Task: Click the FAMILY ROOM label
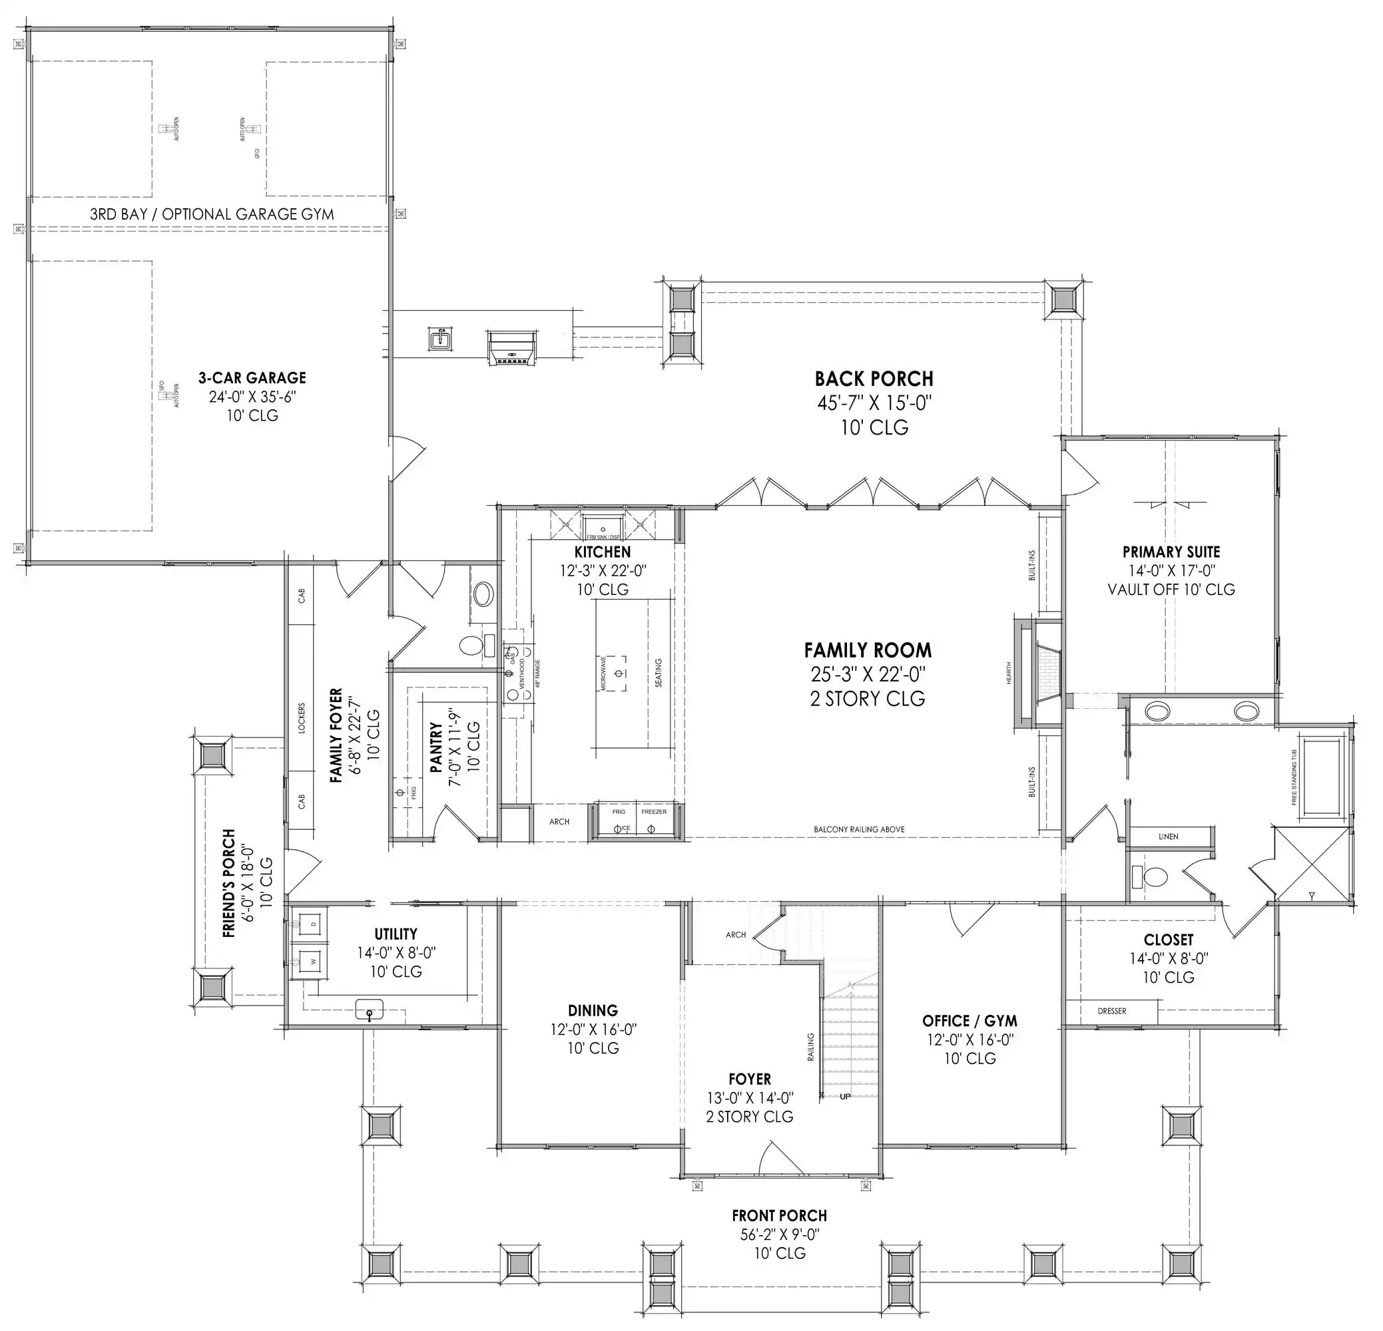(867, 650)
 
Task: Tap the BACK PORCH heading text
(874, 379)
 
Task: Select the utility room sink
(369, 1010)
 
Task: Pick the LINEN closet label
(1168, 837)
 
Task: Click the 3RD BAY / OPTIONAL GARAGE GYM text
(212, 214)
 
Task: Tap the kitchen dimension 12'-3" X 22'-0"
(603, 570)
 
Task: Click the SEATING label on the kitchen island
(659, 673)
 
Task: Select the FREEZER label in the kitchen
(653, 812)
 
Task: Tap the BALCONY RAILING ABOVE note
(859, 829)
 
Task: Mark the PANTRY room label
(436, 746)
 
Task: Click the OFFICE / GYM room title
(969, 1021)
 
